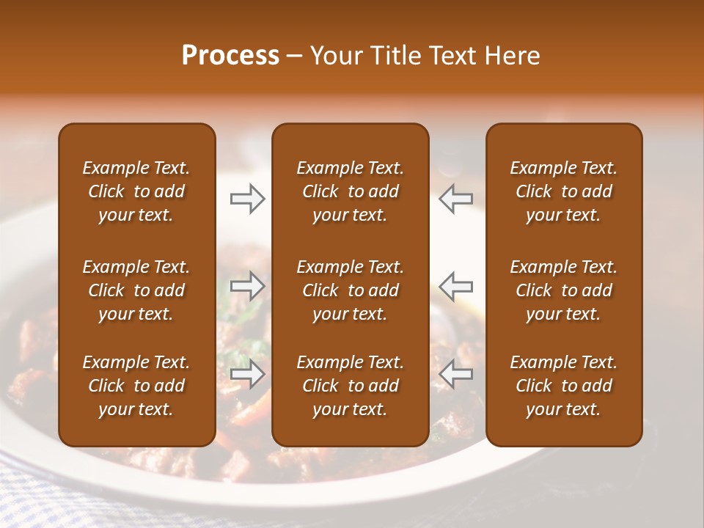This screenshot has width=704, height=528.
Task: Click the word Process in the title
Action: click(x=230, y=56)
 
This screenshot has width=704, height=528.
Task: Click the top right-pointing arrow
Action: click(x=247, y=199)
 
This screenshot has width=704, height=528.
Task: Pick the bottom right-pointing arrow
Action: click(x=247, y=375)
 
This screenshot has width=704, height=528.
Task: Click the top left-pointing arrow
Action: click(x=455, y=199)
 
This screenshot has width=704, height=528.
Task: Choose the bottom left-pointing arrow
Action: click(x=455, y=375)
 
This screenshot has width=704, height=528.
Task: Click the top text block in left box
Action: click(x=136, y=191)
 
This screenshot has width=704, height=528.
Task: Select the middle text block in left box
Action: click(x=136, y=290)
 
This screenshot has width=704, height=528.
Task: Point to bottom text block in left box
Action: click(x=136, y=386)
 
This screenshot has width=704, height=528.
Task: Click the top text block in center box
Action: click(x=350, y=191)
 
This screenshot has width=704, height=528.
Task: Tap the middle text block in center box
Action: click(x=350, y=290)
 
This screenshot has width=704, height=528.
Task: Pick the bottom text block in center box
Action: click(x=350, y=386)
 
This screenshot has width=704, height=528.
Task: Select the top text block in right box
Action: click(x=563, y=191)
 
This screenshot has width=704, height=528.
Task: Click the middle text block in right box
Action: click(x=563, y=290)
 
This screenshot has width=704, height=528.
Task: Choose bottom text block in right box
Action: click(x=563, y=386)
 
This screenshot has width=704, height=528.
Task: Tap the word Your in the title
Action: click(x=334, y=56)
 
